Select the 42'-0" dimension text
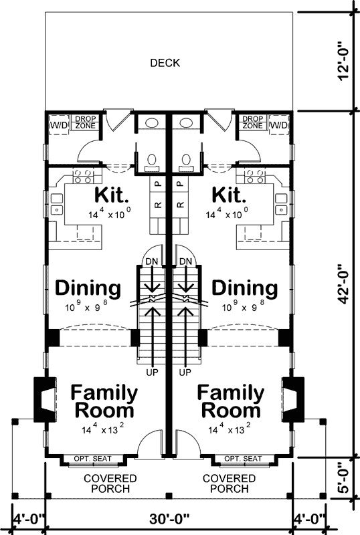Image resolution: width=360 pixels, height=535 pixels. click(343, 284)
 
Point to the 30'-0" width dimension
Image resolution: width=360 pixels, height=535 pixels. click(169, 518)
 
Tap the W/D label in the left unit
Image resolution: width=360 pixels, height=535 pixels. click(56, 124)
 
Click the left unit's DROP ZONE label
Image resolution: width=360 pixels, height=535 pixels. click(83, 122)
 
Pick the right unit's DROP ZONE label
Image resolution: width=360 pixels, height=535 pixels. click(252, 122)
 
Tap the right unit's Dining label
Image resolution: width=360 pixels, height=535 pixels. click(244, 289)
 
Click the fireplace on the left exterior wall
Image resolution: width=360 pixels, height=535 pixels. click(42, 400)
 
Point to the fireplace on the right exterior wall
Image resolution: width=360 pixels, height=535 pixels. click(292, 400)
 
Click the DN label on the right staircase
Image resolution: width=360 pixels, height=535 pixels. click(185, 261)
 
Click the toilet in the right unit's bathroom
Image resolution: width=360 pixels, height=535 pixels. click(188, 159)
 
